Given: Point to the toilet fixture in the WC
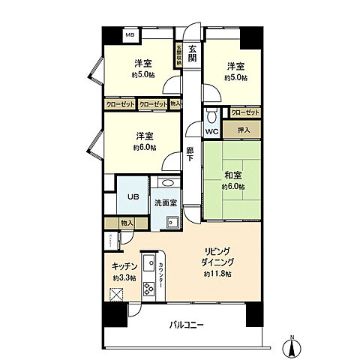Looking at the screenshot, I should [x=211, y=116].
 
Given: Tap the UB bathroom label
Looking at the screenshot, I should [x=131, y=196].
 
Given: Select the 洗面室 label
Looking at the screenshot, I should [x=165, y=202].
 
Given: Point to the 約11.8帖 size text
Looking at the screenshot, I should [x=217, y=274].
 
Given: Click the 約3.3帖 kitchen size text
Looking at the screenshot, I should [x=124, y=278].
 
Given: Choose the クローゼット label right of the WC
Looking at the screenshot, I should [x=245, y=112].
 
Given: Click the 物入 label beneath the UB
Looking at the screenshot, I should [x=126, y=223].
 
